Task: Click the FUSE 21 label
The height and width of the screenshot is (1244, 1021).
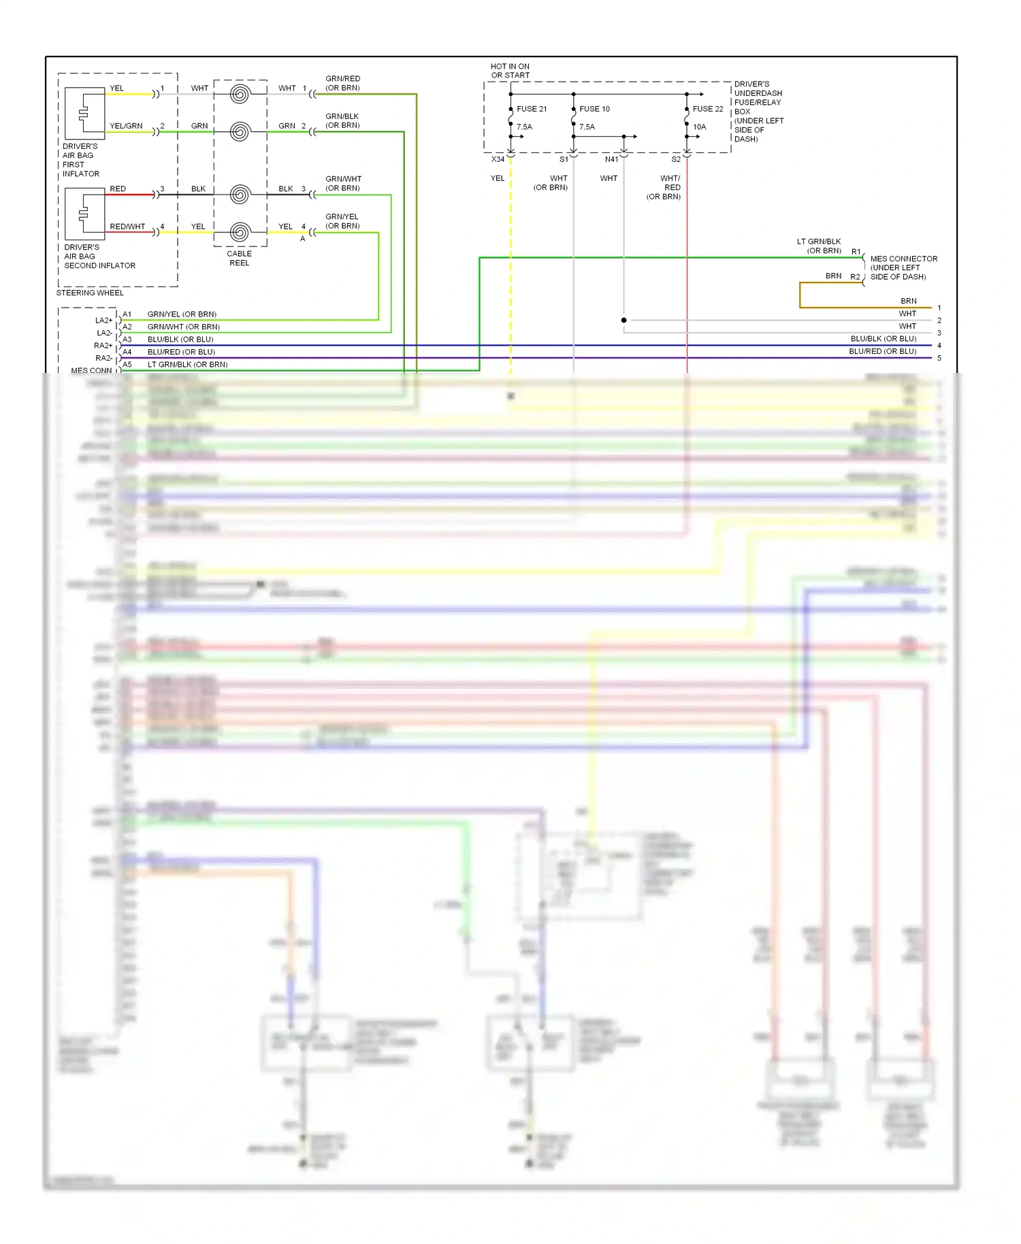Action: pyautogui.click(x=531, y=109)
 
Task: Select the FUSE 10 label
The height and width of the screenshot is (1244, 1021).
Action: pyautogui.click(x=594, y=109)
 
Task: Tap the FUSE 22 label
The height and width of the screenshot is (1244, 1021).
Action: pyautogui.click(x=708, y=109)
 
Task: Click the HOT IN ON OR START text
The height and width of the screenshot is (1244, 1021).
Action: pyautogui.click(x=510, y=71)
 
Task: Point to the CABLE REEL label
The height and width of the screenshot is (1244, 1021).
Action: pyautogui.click(x=239, y=258)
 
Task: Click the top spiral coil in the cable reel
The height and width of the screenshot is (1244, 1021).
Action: pyautogui.click(x=240, y=94)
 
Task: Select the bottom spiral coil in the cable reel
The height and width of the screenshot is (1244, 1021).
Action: pyautogui.click(x=240, y=232)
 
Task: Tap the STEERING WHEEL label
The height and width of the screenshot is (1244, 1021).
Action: pyautogui.click(x=90, y=293)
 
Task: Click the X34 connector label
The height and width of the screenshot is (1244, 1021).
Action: pyautogui.click(x=498, y=159)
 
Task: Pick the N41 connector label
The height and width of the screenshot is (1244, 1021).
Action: pyautogui.click(x=611, y=159)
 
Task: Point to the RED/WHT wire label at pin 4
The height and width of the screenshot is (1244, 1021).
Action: pyautogui.click(x=127, y=227)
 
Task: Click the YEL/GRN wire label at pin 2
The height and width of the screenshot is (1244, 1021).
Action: pyautogui.click(x=126, y=126)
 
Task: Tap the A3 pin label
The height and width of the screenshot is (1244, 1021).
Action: pyautogui.click(x=127, y=339)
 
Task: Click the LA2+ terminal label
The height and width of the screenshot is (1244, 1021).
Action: pyautogui.click(x=103, y=320)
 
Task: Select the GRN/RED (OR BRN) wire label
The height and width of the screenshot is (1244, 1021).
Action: pyautogui.click(x=342, y=83)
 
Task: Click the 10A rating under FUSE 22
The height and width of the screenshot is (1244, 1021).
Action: pyautogui.click(x=699, y=127)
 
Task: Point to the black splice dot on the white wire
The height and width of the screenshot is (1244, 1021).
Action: pyautogui.click(x=623, y=320)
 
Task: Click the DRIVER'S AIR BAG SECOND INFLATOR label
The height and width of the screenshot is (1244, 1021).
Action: pyautogui.click(x=99, y=257)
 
